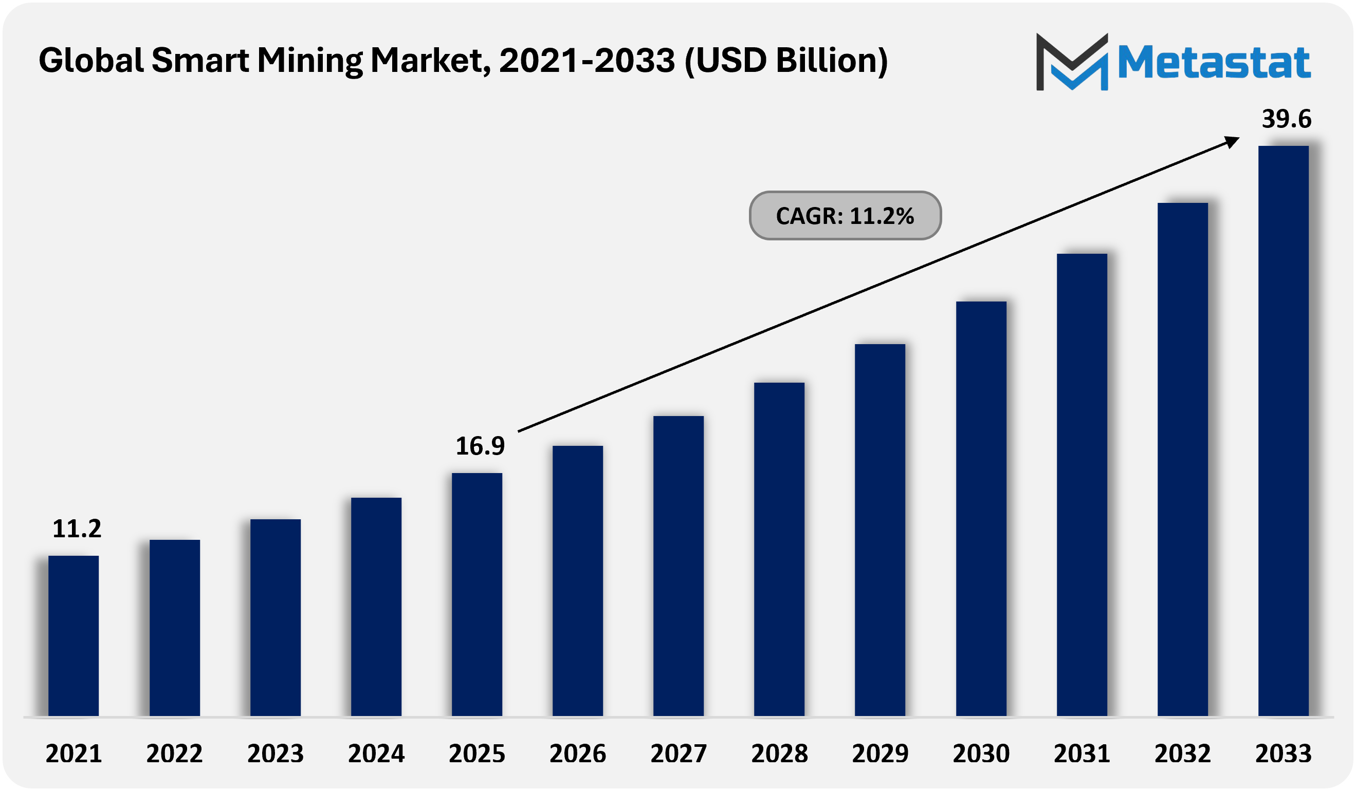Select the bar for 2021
click(x=73, y=635)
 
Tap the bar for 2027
click(x=679, y=566)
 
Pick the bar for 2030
click(x=981, y=509)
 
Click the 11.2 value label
click(x=77, y=529)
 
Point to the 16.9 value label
click(x=480, y=446)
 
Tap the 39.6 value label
click(x=1287, y=119)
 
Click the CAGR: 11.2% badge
click(x=845, y=216)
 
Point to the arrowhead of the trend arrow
click(x=1232, y=141)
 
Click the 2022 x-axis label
click(x=174, y=754)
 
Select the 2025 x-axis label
click(x=477, y=754)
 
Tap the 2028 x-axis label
click(x=779, y=754)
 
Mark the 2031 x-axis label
click(x=1082, y=754)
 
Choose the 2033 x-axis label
click(x=1284, y=754)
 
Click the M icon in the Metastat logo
click(x=1072, y=62)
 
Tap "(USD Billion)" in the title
click(x=786, y=61)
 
